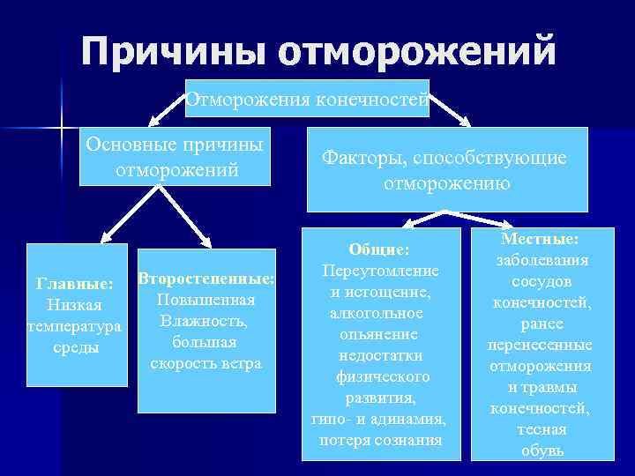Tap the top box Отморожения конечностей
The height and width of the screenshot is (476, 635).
point(307,100)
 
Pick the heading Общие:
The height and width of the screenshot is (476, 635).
point(379,250)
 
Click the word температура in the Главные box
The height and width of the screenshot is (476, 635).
point(74,327)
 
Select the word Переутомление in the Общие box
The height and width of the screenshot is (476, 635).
point(380,271)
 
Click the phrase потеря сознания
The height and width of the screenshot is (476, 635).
point(380,439)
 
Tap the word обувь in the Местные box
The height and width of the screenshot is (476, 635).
point(542,451)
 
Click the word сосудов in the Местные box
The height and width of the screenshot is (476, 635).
point(542,281)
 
